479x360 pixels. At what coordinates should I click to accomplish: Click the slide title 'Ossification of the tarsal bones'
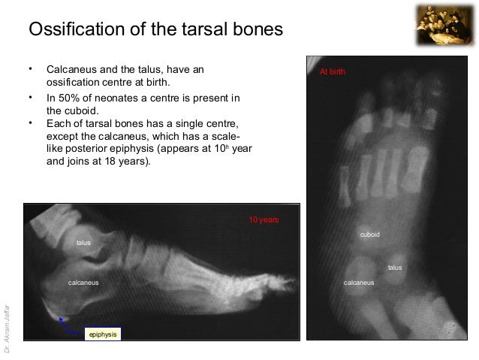(155, 30)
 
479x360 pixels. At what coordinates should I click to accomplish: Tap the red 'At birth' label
(333, 72)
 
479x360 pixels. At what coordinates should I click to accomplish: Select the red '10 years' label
(264, 219)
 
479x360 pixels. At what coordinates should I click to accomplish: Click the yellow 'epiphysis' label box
(103, 333)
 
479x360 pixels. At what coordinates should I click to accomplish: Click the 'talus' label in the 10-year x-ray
(83, 243)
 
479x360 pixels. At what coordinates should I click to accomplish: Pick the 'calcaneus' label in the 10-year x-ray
(84, 283)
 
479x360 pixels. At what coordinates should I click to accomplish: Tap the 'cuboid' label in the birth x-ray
(370, 235)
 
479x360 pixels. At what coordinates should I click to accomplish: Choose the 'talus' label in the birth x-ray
(395, 268)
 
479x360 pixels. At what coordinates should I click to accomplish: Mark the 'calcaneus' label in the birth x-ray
(359, 283)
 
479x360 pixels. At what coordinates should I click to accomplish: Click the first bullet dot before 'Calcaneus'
(31, 69)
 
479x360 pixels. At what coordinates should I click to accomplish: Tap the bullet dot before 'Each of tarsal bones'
(31, 123)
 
